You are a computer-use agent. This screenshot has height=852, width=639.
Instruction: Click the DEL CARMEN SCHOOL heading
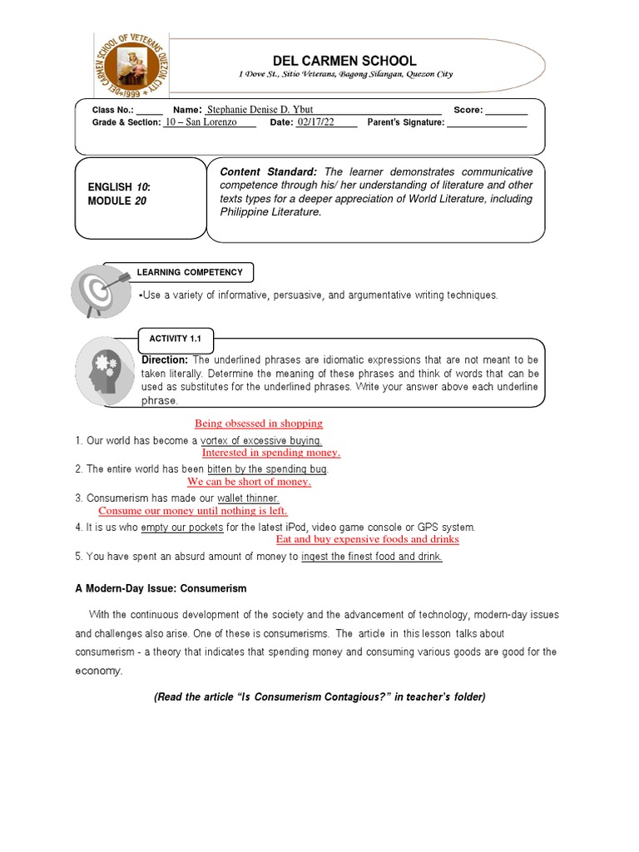tap(345, 61)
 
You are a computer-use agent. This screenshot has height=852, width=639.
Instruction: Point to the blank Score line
tap(505, 111)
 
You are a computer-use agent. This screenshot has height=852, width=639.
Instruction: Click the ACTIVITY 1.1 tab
tap(176, 339)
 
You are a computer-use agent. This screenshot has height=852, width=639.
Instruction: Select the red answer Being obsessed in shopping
tap(258, 424)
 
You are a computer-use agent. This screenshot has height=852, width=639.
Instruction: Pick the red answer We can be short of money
tap(249, 482)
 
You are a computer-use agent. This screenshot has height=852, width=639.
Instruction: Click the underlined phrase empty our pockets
tap(181, 527)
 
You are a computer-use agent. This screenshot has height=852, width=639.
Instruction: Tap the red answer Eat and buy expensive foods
tap(367, 539)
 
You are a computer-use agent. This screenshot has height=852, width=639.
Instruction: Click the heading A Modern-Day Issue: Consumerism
tap(161, 588)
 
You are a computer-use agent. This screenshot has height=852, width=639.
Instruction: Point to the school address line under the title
tap(345, 75)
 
